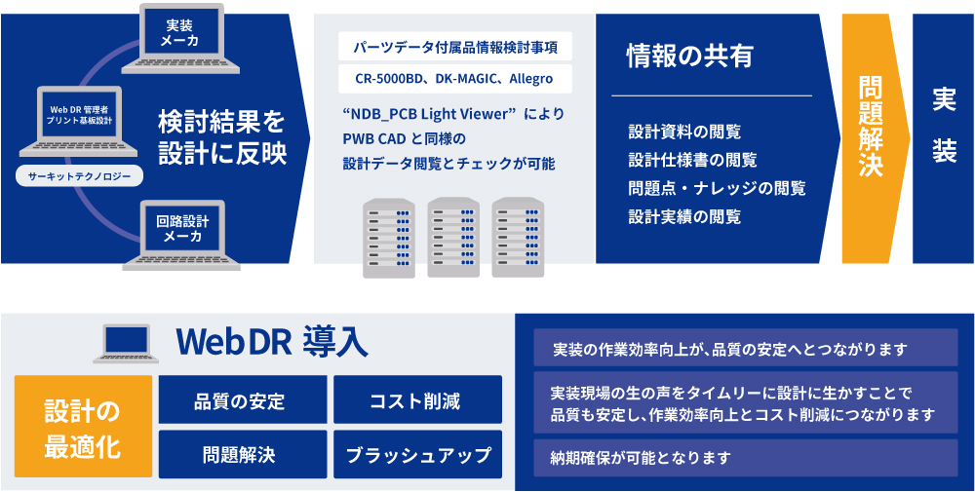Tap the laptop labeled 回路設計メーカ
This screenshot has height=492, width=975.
tap(181, 236)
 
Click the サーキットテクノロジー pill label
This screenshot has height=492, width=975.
tap(79, 177)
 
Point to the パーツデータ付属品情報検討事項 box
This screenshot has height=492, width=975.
tap(455, 47)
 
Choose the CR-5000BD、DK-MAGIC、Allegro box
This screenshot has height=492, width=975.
tap(455, 79)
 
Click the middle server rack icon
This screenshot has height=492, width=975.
tap(453, 238)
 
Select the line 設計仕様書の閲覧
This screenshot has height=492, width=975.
tap(692, 160)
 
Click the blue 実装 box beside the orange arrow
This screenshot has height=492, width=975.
tap(943, 138)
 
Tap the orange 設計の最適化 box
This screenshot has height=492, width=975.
tap(83, 426)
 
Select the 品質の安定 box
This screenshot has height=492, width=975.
tap(243, 399)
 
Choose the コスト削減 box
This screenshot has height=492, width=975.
tap(418, 399)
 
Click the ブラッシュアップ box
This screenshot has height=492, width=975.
tap(418, 454)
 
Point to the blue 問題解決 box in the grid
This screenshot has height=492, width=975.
tap(243, 454)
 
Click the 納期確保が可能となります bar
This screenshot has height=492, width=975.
tap(746, 458)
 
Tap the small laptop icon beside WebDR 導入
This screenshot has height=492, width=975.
tap(126, 344)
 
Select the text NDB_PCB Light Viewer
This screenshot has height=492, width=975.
tap(431, 115)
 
